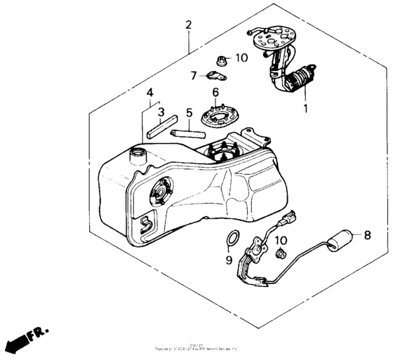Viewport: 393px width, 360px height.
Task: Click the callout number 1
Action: [x=305, y=109]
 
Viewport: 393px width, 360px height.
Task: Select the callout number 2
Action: [x=188, y=25]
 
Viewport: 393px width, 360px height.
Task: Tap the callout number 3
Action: [x=160, y=111]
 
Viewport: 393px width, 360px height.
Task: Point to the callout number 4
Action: [x=149, y=93]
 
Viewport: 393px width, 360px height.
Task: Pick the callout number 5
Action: [x=189, y=112]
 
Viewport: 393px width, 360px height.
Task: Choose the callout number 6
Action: [x=215, y=92]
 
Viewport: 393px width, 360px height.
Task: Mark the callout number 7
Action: [x=194, y=75]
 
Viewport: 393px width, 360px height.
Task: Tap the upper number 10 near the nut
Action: [x=241, y=58]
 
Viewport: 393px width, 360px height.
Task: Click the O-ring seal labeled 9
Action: [x=232, y=240]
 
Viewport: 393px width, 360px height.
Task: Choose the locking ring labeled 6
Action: [x=218, y=114]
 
